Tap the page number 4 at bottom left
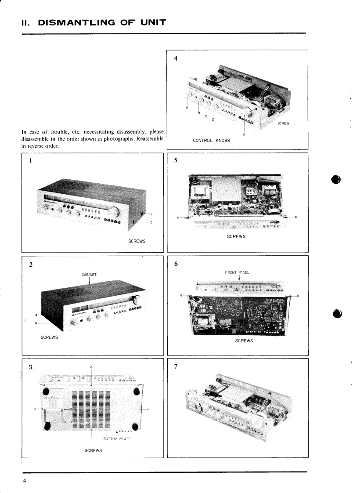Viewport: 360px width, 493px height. [x=25, y=480]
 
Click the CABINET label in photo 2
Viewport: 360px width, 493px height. [x=89, y=275]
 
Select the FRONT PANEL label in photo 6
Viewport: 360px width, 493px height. [x=237, y=272]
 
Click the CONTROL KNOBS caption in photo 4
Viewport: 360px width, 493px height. [x=212, y=141]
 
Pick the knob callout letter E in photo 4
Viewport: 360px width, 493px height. [x=244, y=134]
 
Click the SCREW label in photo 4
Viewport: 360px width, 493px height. [x=284, y=123]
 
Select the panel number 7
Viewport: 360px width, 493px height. [x=176, y=366]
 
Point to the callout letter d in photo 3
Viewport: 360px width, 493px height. [x=91, y=366]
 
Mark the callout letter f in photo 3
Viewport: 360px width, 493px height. [x=148, y=410]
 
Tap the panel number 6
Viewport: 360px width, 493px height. [x=176, y=264]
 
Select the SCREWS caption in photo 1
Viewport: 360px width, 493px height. [x=137, y=242]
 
